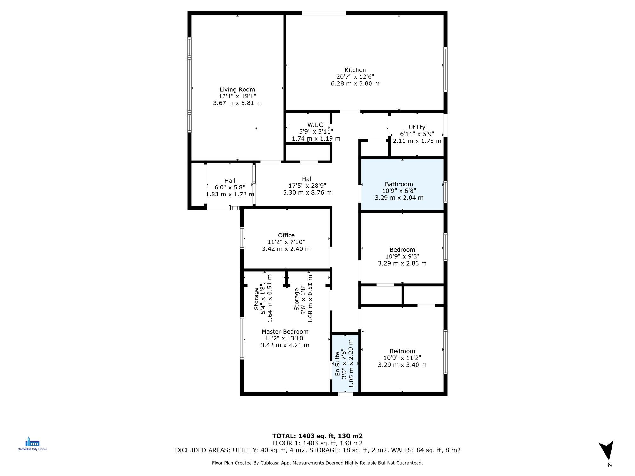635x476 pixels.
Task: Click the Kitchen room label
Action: pos(355,70)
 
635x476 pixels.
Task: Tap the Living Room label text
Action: pos(237,90)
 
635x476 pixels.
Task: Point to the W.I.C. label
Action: pos(316,125)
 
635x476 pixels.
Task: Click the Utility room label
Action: pos(417,127)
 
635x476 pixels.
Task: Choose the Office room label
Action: pos(286,235)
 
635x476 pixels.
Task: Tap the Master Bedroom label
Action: pos(285,332)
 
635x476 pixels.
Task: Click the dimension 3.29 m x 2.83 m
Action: pos(402,263)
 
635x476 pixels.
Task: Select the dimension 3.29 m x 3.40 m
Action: pos(402,365)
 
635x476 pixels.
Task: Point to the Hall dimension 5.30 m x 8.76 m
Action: pos(307,193)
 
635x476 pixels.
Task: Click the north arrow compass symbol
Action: pos(607,451)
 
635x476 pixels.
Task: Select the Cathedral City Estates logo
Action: pos(32,444)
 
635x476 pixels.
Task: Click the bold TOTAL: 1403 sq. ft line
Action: pos(317,436)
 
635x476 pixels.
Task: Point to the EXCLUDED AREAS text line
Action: pos(317,450)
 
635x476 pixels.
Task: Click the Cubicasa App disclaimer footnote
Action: pos(317,463)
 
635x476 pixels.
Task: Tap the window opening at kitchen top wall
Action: pos(324,13)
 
